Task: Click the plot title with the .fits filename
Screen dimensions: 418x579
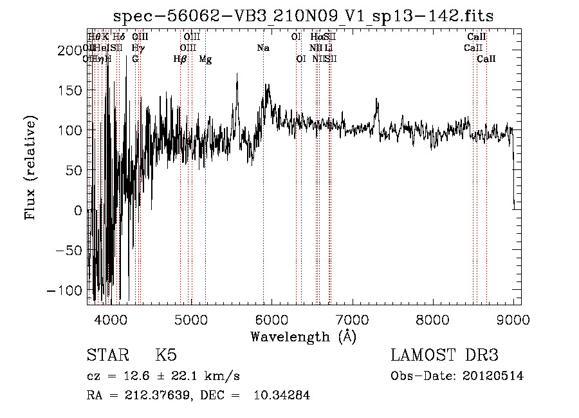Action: click(303, 17)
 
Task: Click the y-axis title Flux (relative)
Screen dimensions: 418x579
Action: click(30, 167)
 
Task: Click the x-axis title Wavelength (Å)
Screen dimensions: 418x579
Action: click(303, 336)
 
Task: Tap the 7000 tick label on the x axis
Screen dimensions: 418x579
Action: click(352, 319)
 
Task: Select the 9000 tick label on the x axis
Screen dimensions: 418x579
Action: click(513, 319)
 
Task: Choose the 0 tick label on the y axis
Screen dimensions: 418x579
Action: click(78, 211)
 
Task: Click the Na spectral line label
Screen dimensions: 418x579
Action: click(262, 48)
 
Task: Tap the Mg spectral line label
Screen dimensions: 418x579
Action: click(205, 59)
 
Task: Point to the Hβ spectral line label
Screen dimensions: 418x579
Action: click(180, 59)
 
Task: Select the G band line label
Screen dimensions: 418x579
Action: click(135, 59)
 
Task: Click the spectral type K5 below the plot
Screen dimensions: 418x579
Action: click(166, 356)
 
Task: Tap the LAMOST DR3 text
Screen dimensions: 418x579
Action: click(445, 356)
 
